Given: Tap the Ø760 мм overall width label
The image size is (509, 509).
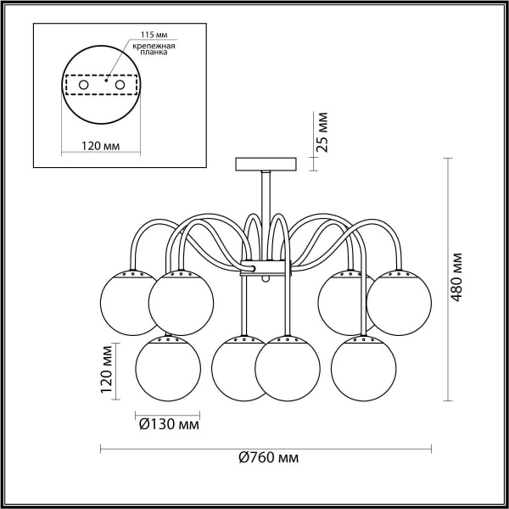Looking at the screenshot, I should (x=268, y=457).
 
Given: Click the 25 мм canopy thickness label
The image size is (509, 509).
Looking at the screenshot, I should (x=321, y=131).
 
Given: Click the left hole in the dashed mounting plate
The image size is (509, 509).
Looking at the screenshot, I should (x=82, y=86).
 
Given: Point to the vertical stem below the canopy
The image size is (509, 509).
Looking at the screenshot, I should (x=266, y=195).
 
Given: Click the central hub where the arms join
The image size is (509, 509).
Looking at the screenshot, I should (x=266, y=269).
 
